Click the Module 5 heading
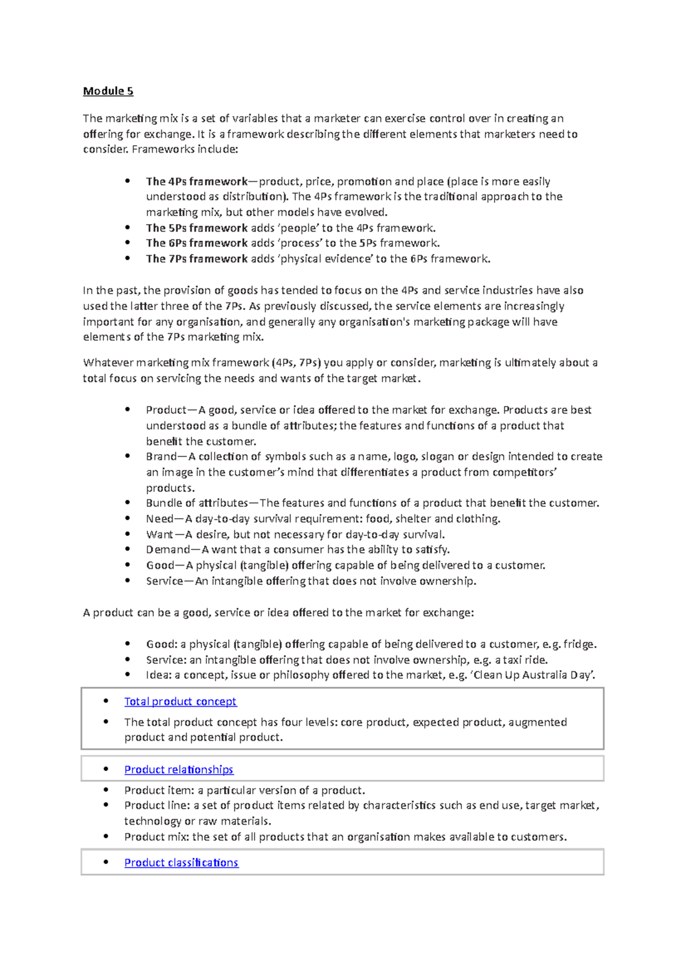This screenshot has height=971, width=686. pyautogui.click(x=108, y=91)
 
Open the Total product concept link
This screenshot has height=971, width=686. pyautogui.click(x=180, y=702)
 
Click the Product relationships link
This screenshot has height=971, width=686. pyautogui.click(x=178, y=770)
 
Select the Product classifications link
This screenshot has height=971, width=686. pyautogui.click(x=181, y=862)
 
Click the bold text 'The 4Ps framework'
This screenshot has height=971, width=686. pyautogui.click(x=197, y=182)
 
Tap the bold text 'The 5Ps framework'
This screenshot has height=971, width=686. pyautogui.click(x=197, y=228)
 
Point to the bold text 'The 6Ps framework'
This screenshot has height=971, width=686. pyautogui.click(x=197, y=243)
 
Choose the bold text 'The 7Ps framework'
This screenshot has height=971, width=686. pyautogui.click(x=197, y=259)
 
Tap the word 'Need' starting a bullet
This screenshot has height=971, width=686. pyautogui.click(x=159, y=519)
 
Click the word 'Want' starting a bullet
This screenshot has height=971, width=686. pyautogui.click(x=159, y=535)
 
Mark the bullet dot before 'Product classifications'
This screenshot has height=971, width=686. pyautogui.click(x=106, y=862)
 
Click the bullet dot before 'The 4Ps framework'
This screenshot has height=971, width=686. pyautogui.click(x=127, y=181)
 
